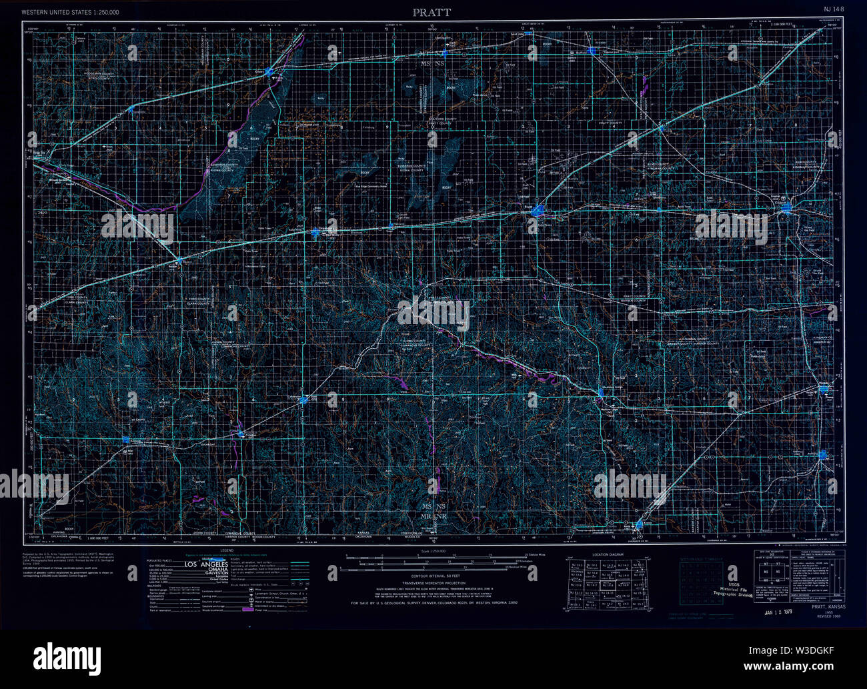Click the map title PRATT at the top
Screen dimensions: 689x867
(431, 12)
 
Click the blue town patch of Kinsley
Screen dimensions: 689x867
(269, 70)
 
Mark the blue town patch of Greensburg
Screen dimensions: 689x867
(315, 232)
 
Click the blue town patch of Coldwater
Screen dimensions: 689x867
(305, 400)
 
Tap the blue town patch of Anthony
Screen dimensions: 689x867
(823, 454)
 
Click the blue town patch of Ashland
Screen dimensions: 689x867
(126, 439)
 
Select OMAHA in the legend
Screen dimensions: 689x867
(213, 572)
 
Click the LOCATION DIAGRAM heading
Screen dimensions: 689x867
(608, 555)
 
